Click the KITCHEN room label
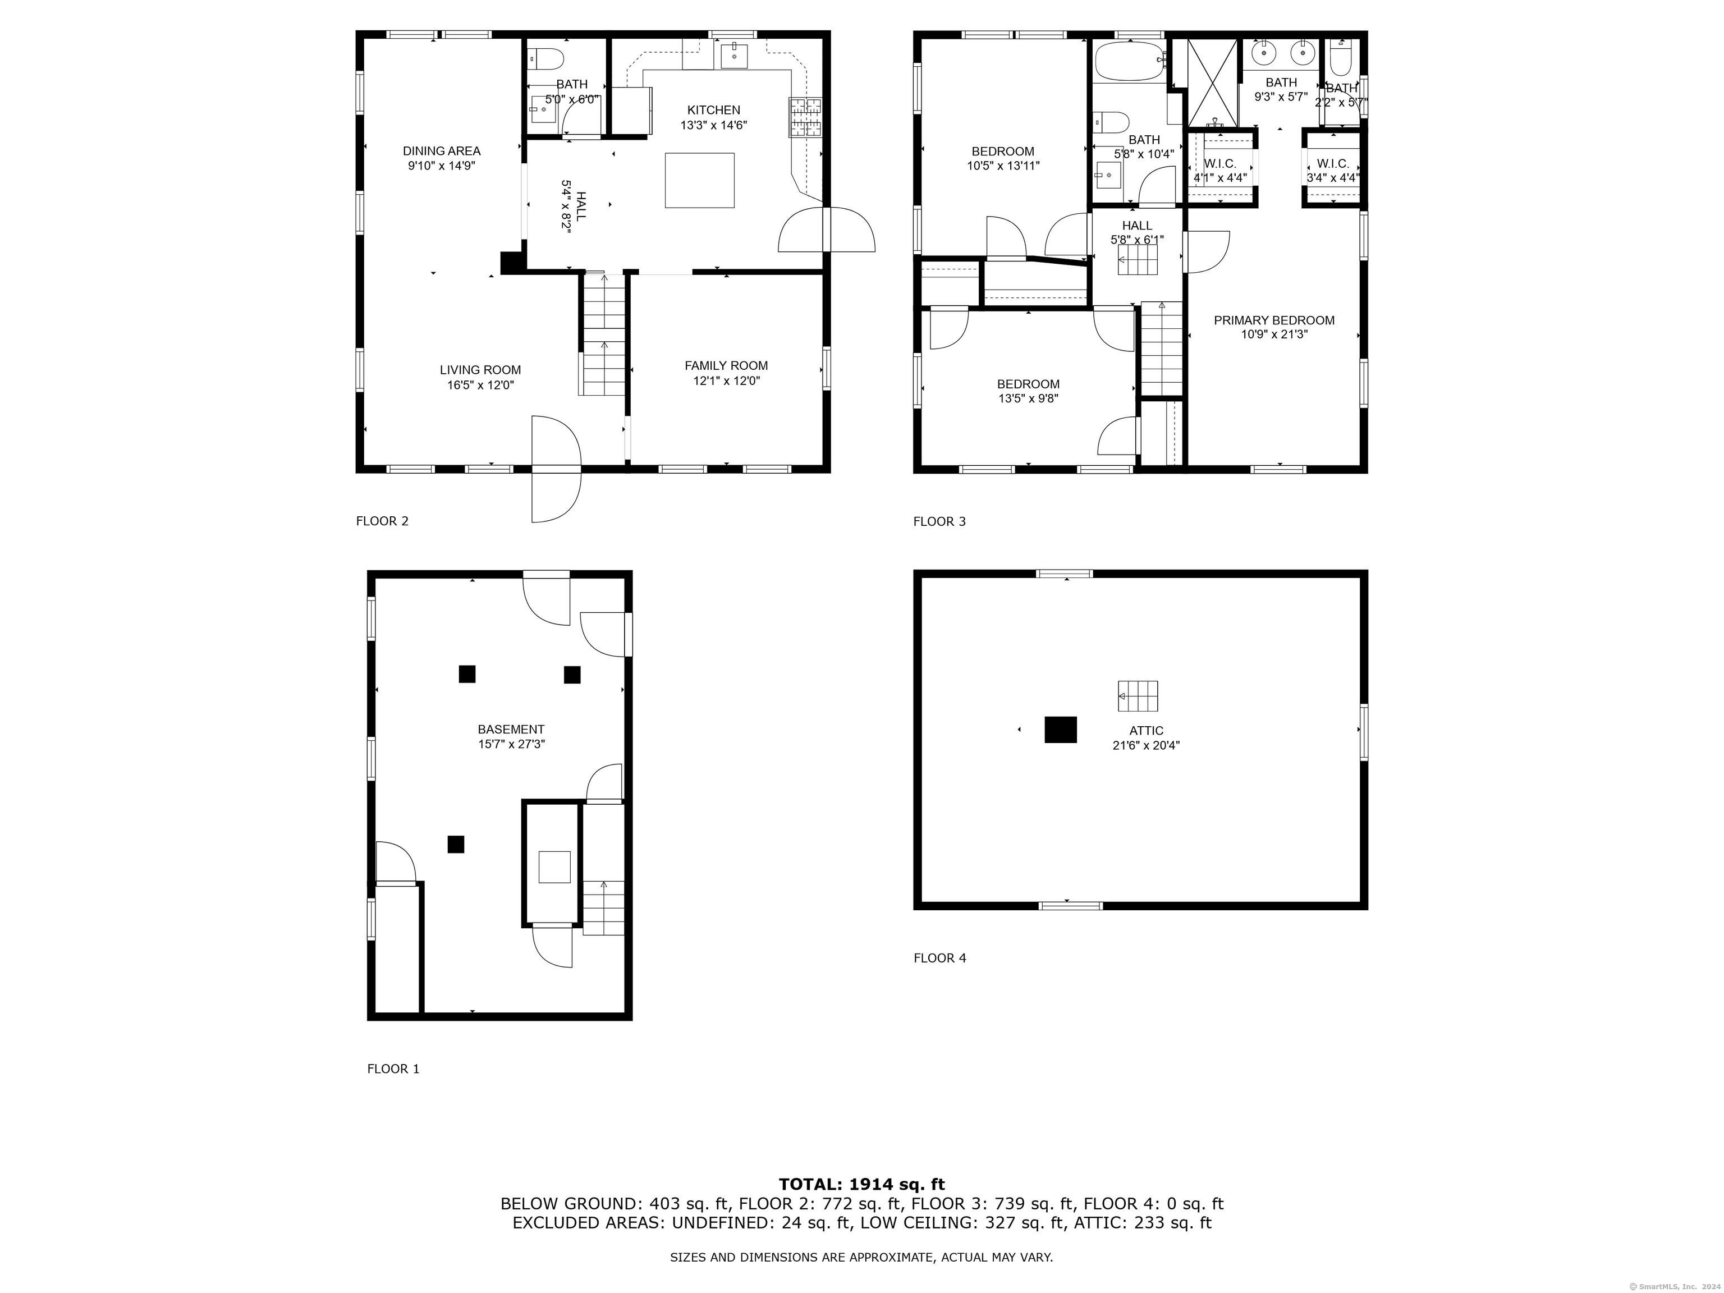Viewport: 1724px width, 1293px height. (713, 110)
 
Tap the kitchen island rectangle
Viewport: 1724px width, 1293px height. (699, 180)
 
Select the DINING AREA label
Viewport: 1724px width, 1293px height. (441, 150)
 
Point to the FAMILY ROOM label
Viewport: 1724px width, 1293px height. (726, 365)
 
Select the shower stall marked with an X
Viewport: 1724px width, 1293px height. (1212, 82)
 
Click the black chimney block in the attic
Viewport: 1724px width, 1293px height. (1061, 730)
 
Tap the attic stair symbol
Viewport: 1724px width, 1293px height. (1138, 695)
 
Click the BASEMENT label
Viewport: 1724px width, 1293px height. (511, 730)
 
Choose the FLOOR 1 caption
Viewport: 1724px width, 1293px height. (393, 1069)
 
